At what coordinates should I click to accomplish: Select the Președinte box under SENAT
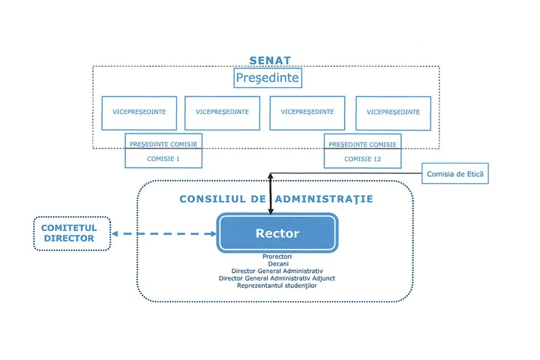(x=268, y=78)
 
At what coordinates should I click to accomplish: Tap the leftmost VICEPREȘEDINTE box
(x=139, y=112)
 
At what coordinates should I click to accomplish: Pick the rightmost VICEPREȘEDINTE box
(x=393, y=112)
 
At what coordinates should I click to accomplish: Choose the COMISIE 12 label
(x=362, y=159)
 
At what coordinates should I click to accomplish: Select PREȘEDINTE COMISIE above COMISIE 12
(x=362, y=143)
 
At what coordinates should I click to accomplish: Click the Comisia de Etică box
(x=455, y=175)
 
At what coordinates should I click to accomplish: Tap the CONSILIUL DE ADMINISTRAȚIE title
(x=276, y=199)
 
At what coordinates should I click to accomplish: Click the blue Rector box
(x=277, y=233)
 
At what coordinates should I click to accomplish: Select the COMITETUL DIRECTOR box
(x=73, y=233)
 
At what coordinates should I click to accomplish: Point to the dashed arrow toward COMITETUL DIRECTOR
(x=164, y=234)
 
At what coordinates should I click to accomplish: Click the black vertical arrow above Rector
(x=270, y=193)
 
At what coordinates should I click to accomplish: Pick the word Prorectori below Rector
(x=277, y=256)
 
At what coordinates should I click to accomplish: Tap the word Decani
(x=277, y=263)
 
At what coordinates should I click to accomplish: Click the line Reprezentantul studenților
(x=277, y=286)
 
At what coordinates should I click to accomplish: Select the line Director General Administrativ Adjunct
(x=277, y=278)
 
